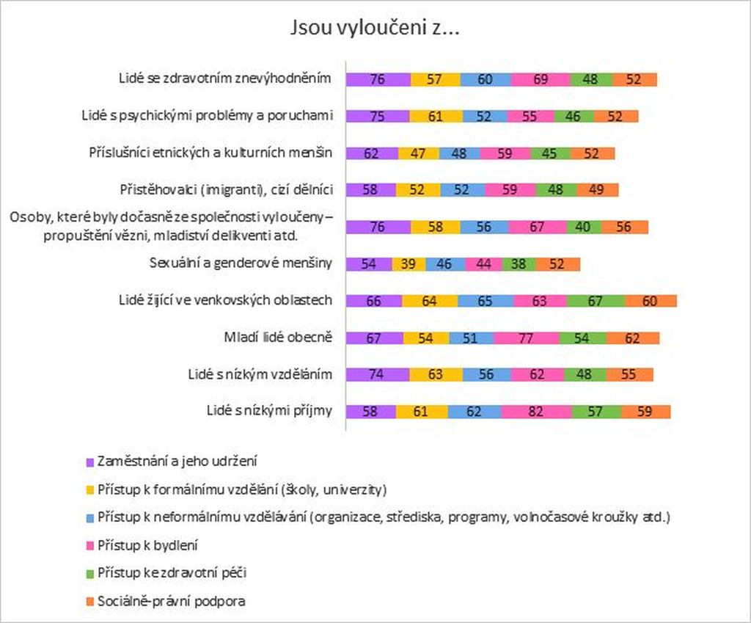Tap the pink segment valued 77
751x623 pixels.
tap(526, 338)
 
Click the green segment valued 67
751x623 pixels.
tap(596, 300)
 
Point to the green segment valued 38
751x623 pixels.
tap(519, 263)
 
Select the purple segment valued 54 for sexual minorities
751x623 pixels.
tap(368, 263)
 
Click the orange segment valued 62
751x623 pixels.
tap(632, 338)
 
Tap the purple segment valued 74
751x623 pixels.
tap(377, 374)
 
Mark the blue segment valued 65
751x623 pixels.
tap(485, 300)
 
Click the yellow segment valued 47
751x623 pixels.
tap(419, 153)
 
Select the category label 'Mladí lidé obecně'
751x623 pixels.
tap(279, 338)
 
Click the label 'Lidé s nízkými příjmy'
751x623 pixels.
tap(269, 411)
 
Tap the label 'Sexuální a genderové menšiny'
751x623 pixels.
tap(241, 263)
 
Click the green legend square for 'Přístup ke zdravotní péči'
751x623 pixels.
tap(89, 574)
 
